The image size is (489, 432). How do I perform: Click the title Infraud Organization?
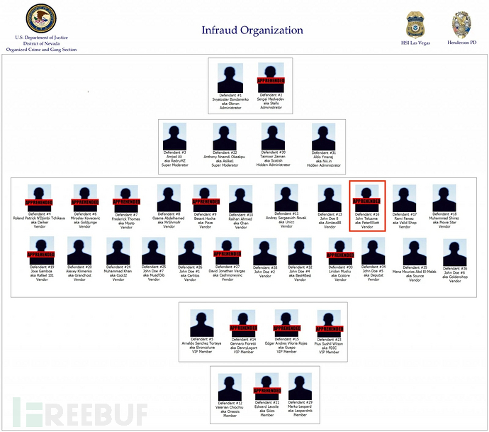pos(252,31)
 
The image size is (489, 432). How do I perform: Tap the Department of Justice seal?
pos(40,19)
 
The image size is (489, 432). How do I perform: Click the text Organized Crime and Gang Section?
pos(40,50)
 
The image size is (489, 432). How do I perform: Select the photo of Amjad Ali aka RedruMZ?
pos(174,137)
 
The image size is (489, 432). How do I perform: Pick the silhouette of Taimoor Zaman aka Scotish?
pos(273,137)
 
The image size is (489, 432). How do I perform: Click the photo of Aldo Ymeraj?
pos(323,137)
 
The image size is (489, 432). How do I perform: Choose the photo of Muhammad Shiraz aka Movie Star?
pos(444,199)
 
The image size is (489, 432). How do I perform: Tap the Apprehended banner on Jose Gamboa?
pos(40,254)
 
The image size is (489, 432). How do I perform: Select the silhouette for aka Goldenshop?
pos(454,252)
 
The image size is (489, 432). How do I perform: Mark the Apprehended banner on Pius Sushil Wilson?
pos(329,328)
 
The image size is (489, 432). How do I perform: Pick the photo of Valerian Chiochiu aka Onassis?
pos(229,387)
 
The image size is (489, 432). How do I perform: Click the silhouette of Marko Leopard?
pos(300,387)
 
